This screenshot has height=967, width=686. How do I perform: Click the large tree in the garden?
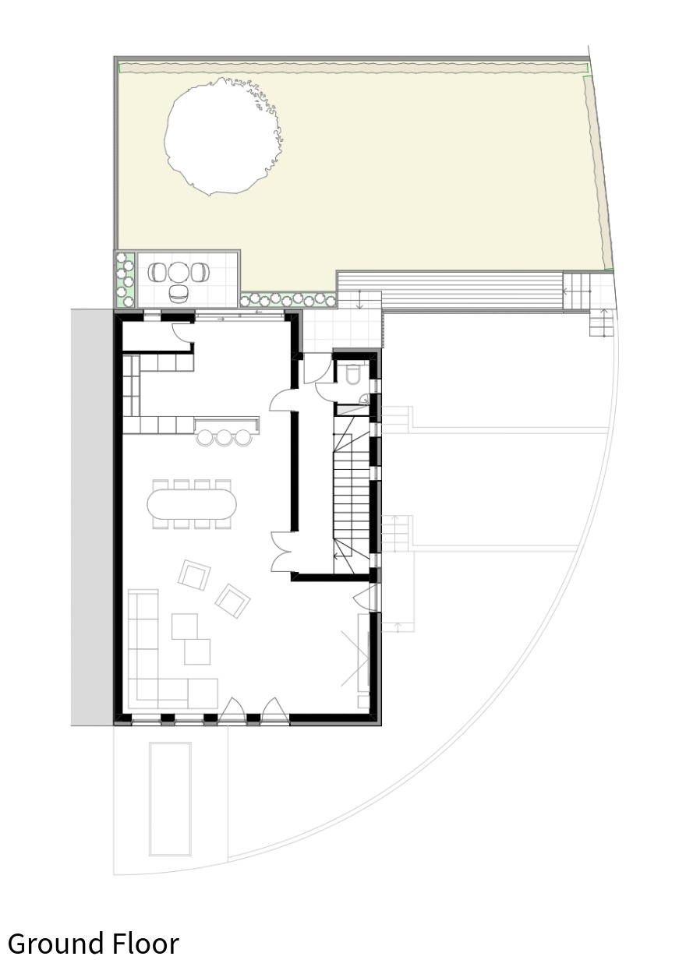pos(224,136)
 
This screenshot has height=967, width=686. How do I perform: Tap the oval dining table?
pos(192,504)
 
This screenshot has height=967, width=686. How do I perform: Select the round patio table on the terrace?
pos(179,272)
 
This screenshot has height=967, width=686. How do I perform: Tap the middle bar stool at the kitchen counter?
pos(224,438)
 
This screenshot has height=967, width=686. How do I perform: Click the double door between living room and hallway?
pos(281,552)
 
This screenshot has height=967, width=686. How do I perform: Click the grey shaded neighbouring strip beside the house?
pos(93,517)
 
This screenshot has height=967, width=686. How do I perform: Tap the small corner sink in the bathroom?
pos(365,399)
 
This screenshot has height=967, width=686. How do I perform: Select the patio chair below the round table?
pos(177,293)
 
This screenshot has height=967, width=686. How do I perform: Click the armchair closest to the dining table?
pos(194,575)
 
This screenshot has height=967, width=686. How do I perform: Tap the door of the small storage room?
pos(182,334)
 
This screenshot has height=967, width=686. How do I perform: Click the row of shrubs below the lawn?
pos(288,299)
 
